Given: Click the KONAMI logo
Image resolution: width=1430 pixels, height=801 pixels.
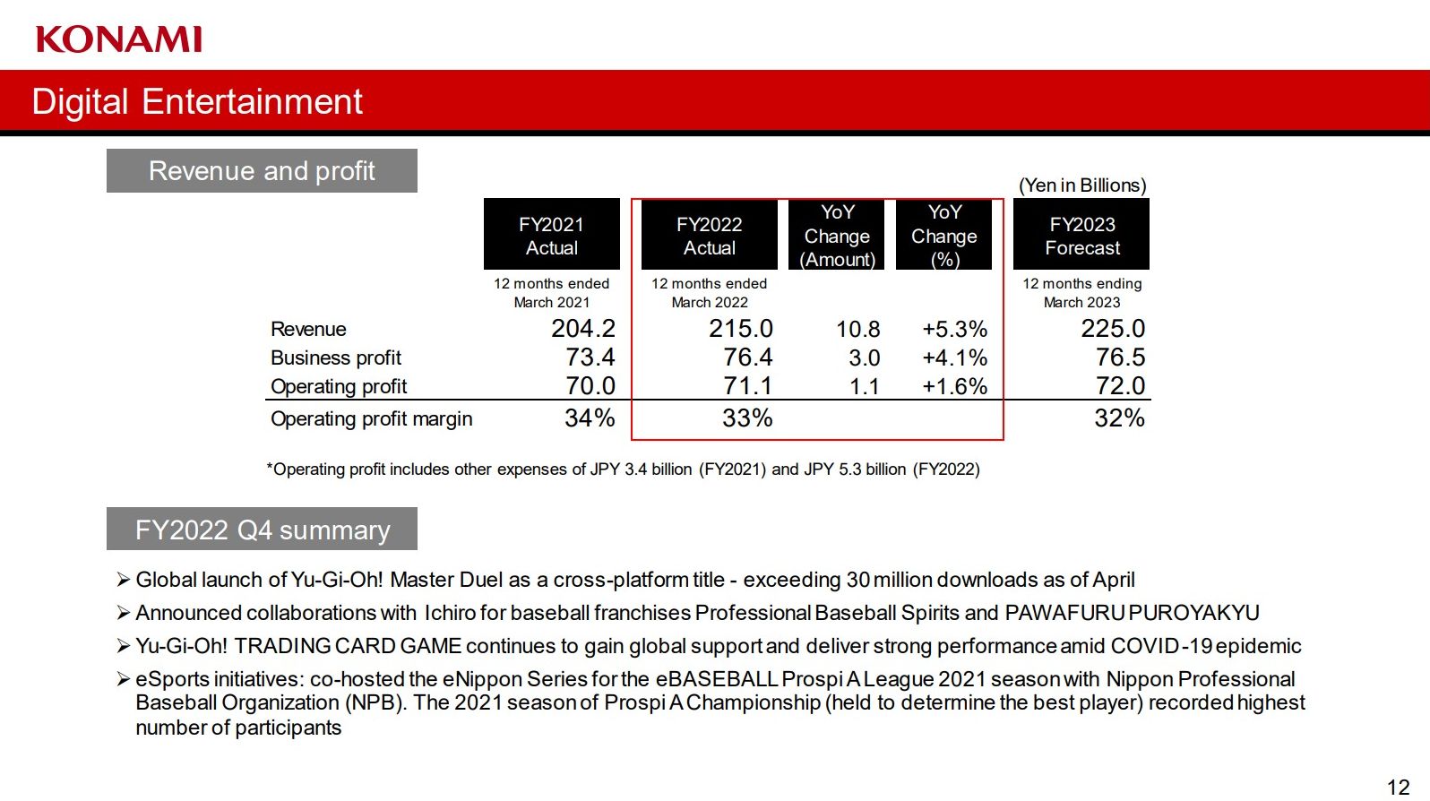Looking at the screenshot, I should [x=119, y=39].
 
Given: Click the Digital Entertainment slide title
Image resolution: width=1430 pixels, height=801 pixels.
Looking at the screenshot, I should [x=197, y=101].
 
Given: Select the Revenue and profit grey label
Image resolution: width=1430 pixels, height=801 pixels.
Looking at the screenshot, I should [x=262, y=171].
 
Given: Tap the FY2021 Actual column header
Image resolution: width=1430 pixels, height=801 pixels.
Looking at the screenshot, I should [x=551, y=235].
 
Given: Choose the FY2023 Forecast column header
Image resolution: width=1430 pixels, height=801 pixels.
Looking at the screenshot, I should [x=1081, y=235].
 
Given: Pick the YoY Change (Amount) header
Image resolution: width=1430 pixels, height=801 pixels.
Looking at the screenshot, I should [x=837, y=236].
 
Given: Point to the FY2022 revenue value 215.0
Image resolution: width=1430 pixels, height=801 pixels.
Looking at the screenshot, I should [x=740, y=329].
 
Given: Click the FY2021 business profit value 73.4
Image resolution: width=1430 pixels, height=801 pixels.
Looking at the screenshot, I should [x=590, y=357].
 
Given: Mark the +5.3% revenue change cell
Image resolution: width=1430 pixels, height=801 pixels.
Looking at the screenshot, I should [x=954, y=330].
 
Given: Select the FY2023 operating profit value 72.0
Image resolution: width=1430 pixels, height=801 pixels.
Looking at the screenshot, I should [x=1120, y=386].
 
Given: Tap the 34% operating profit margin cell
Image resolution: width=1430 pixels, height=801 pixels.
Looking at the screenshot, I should [x=590, y=418].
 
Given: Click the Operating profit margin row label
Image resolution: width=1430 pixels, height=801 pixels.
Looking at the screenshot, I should [x=371, y=419].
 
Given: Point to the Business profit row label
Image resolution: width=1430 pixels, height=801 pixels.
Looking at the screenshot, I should [x=336, y=358].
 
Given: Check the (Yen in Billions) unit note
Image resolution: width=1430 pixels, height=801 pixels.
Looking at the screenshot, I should [x=1082, y=185].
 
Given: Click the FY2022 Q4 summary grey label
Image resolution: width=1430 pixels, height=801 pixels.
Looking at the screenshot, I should [x=262, y=530].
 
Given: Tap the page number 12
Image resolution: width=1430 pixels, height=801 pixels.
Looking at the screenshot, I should [x=1398, y=787].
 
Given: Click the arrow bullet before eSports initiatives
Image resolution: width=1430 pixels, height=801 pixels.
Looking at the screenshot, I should [x=124, y=679].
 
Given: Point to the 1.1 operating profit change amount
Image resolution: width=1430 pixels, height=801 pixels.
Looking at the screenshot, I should [x=864, y=387].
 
